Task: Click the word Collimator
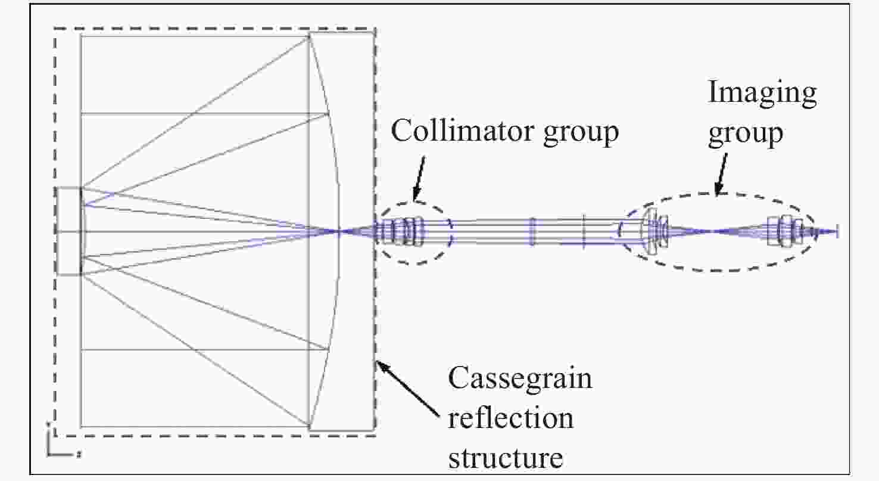[x=462, y=131]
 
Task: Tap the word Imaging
[x=762, y=93]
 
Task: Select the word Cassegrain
[x=519, y=378]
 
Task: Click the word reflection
[x=510, y=418]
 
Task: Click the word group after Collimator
[x=581, y=134]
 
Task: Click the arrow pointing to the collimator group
[x=419, y=179]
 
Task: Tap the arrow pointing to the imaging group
[x=720, y=173]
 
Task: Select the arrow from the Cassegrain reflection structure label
[x=407, y=388]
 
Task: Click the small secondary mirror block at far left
[x=69, y=231]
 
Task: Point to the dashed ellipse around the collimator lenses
[x=416, y=202]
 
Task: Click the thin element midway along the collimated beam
[x=532, y=231]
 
